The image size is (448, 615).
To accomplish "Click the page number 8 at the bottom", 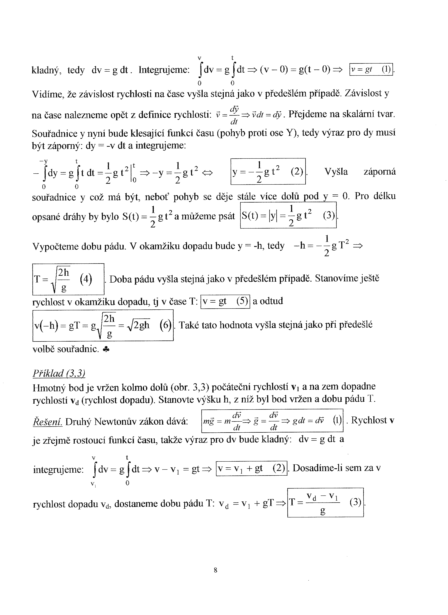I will tap(216, 570).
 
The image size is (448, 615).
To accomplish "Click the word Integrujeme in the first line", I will tap(164, 70).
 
